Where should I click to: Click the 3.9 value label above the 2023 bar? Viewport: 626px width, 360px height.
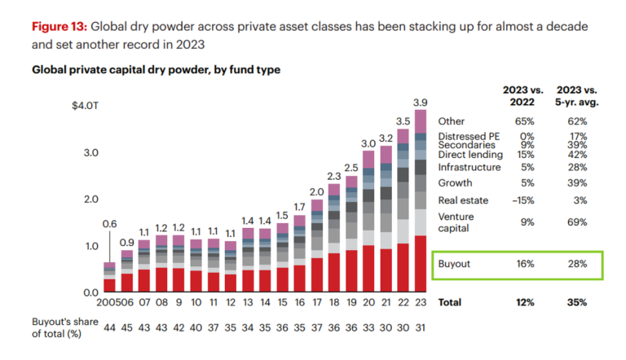420,102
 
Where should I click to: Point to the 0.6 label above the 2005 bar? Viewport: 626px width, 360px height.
109,224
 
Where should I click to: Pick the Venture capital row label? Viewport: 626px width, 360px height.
457,222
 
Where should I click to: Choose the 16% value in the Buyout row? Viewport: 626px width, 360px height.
524,265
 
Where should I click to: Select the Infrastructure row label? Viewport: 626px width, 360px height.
470,167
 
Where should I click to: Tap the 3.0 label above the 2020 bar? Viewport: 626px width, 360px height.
368,143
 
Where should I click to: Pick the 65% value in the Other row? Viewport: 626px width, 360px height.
524,121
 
